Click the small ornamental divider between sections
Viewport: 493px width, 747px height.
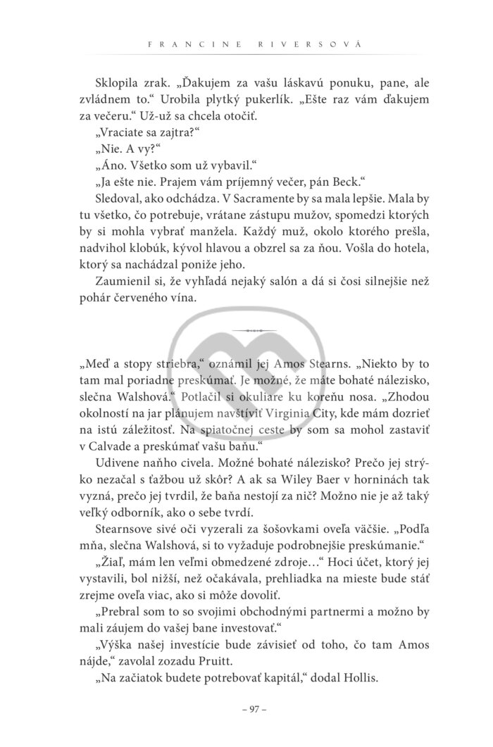pos(246,329)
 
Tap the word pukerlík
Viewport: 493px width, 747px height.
pos(248,97)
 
